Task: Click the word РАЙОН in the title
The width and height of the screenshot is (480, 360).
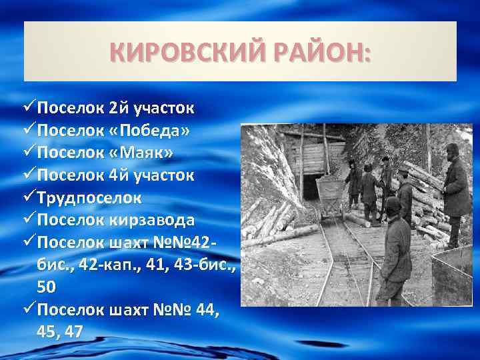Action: pyautogui.click(x=322, y=52)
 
